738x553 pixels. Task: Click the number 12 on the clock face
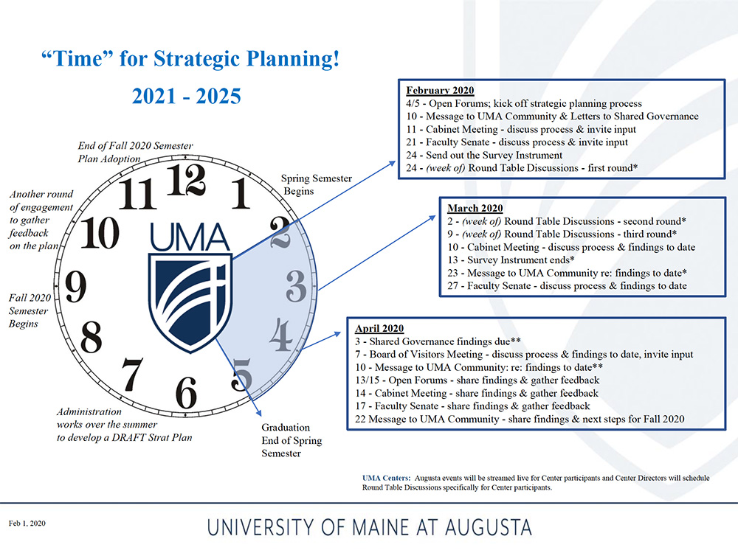(x=187, y=180)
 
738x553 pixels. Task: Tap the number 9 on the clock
(x=76, y=287)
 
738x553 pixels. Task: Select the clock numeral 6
(x=186, y=393)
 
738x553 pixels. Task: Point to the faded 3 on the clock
(x=296, y=286)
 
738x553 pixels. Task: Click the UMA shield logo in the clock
(x=190, y=302)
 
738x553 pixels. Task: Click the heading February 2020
(x=440, y=90)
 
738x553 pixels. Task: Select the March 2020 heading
(x=475, y=209)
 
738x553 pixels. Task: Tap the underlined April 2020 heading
(x=379, y=328)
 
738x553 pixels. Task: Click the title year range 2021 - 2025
(x=187, y=96)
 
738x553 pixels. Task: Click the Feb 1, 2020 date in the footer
(x=27, y=524)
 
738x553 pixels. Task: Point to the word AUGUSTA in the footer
(x=489, y=527)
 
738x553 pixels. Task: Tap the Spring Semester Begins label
(x=317, y=185)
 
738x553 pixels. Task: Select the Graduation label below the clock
(x=286, y=428)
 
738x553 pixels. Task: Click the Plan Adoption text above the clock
(x=109, y=159)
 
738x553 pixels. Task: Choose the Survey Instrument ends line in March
(x=511, y=260)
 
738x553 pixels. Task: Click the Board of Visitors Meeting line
(x=524, y=354)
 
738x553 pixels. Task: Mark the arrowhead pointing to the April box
(x=337, y=333)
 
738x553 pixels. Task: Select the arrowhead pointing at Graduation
(x=259, y=413)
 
